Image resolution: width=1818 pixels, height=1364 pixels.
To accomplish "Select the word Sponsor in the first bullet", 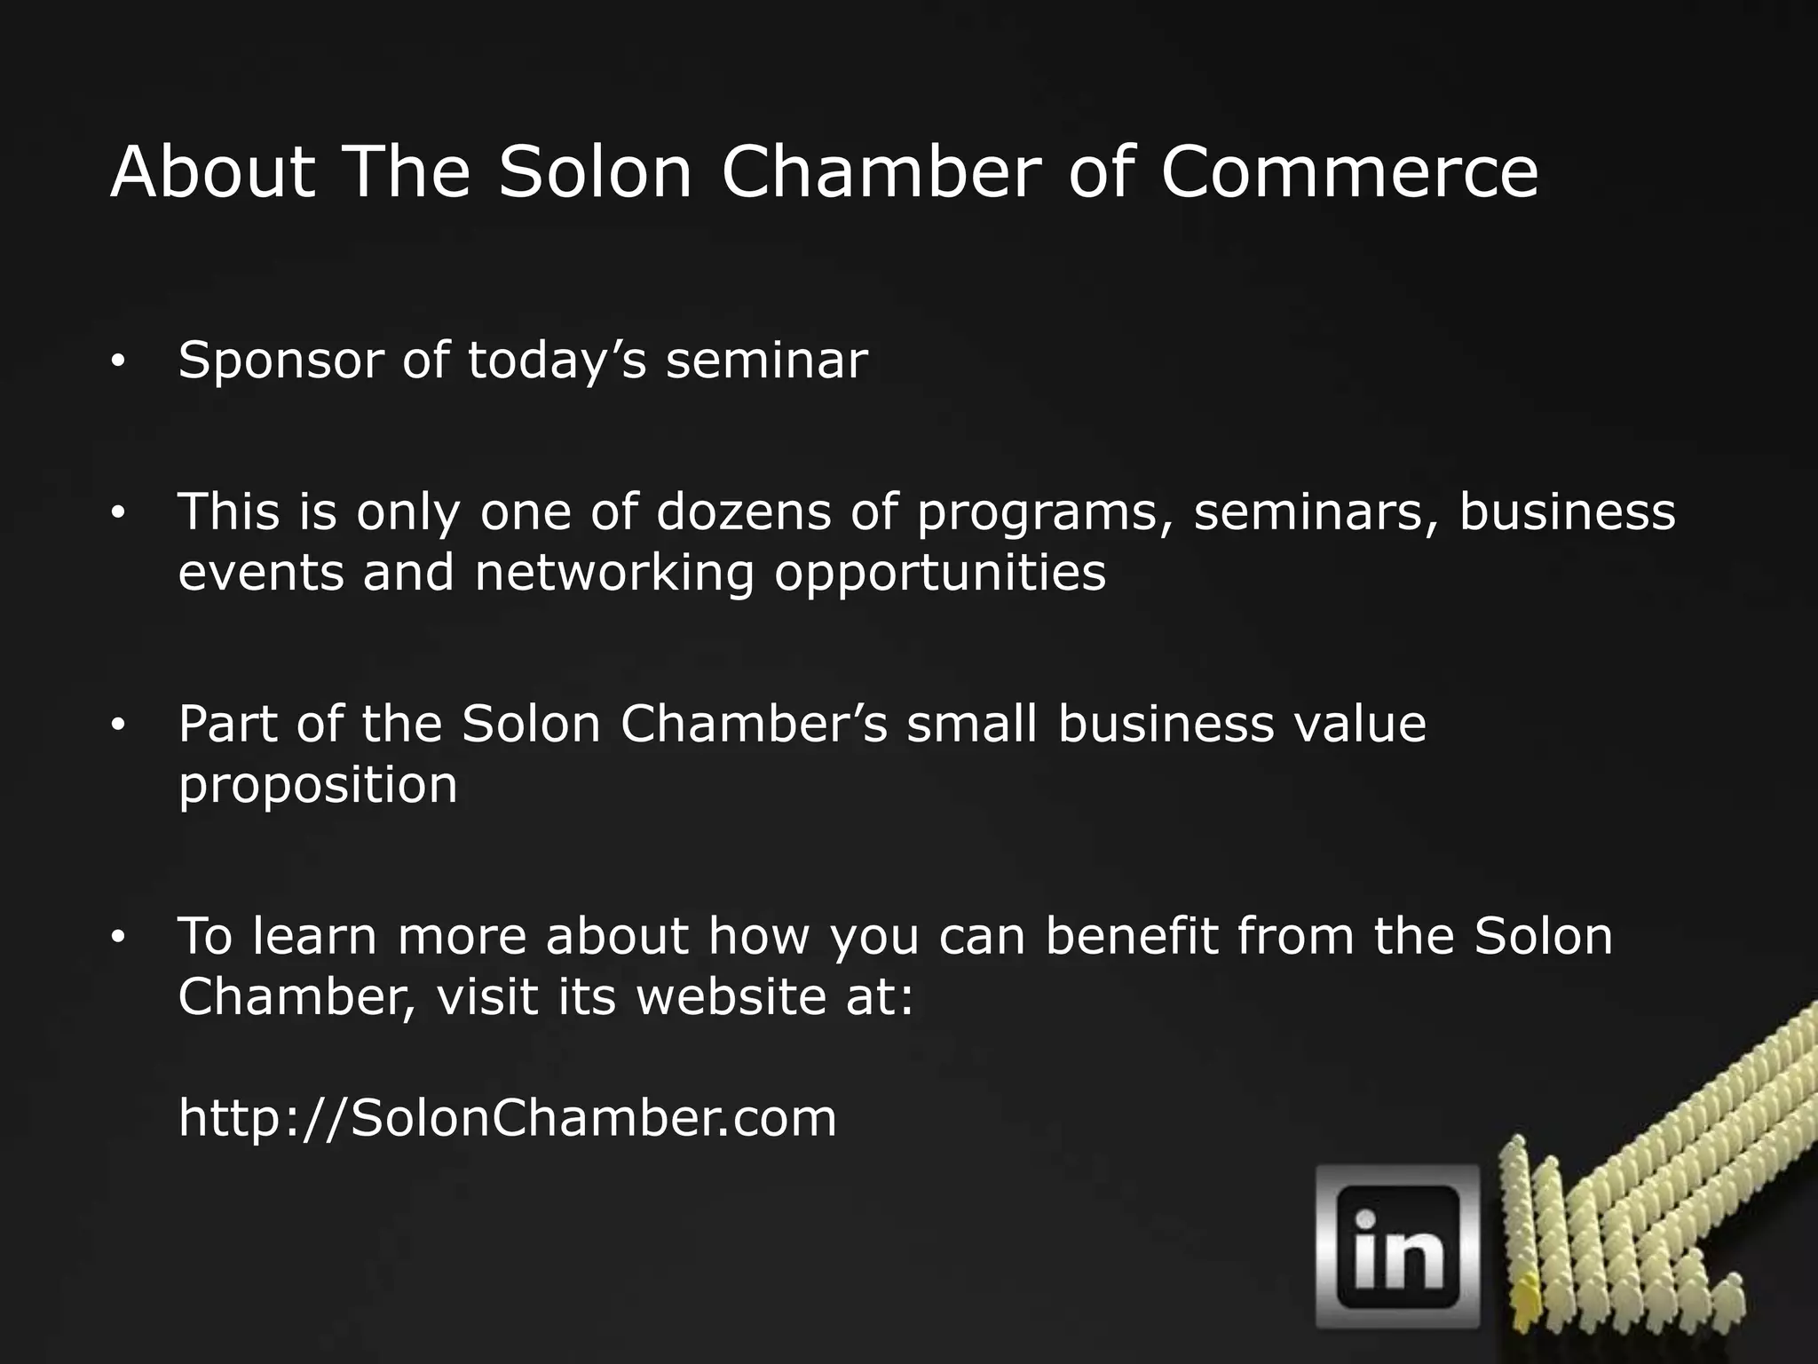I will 281,362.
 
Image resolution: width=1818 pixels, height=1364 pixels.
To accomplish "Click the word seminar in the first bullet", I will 766,361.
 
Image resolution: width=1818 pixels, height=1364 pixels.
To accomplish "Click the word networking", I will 614,574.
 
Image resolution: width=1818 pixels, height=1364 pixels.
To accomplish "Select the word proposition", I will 318,787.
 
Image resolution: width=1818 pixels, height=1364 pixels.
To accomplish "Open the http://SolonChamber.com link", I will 507,1118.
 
